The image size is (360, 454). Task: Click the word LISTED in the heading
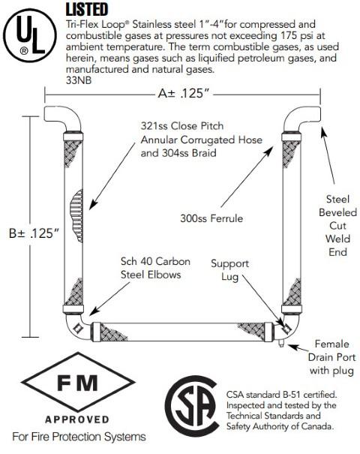coord(86,9)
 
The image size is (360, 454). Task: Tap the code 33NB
coord(79,80)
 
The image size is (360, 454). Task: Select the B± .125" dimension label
coord(33,233)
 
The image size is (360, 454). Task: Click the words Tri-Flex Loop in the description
coord(93,24)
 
